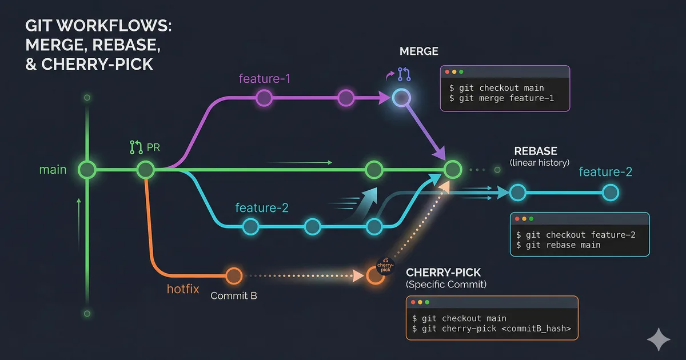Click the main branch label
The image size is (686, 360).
pyautogui.click(x=53, y=170)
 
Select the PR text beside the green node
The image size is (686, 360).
pyautogui.click(x=153, y=147)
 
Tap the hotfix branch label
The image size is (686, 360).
pyautogui.click(x=183, y=289)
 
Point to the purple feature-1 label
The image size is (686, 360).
pyautogui.click(x=265, y=78)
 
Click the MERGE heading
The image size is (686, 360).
pyautogui.click(x=418, y=51)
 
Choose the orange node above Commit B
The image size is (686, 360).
pyautogui.click(x=233, y=276)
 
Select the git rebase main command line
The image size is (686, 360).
pyautogui.click(x=558, y=245)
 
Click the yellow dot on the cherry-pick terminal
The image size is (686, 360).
pyautogui.click(x=420, y=302)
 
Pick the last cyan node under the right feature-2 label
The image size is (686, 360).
pyautogui.click(x=611, y=193)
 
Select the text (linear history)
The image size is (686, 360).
pyautogui.click(x=539, y=163)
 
